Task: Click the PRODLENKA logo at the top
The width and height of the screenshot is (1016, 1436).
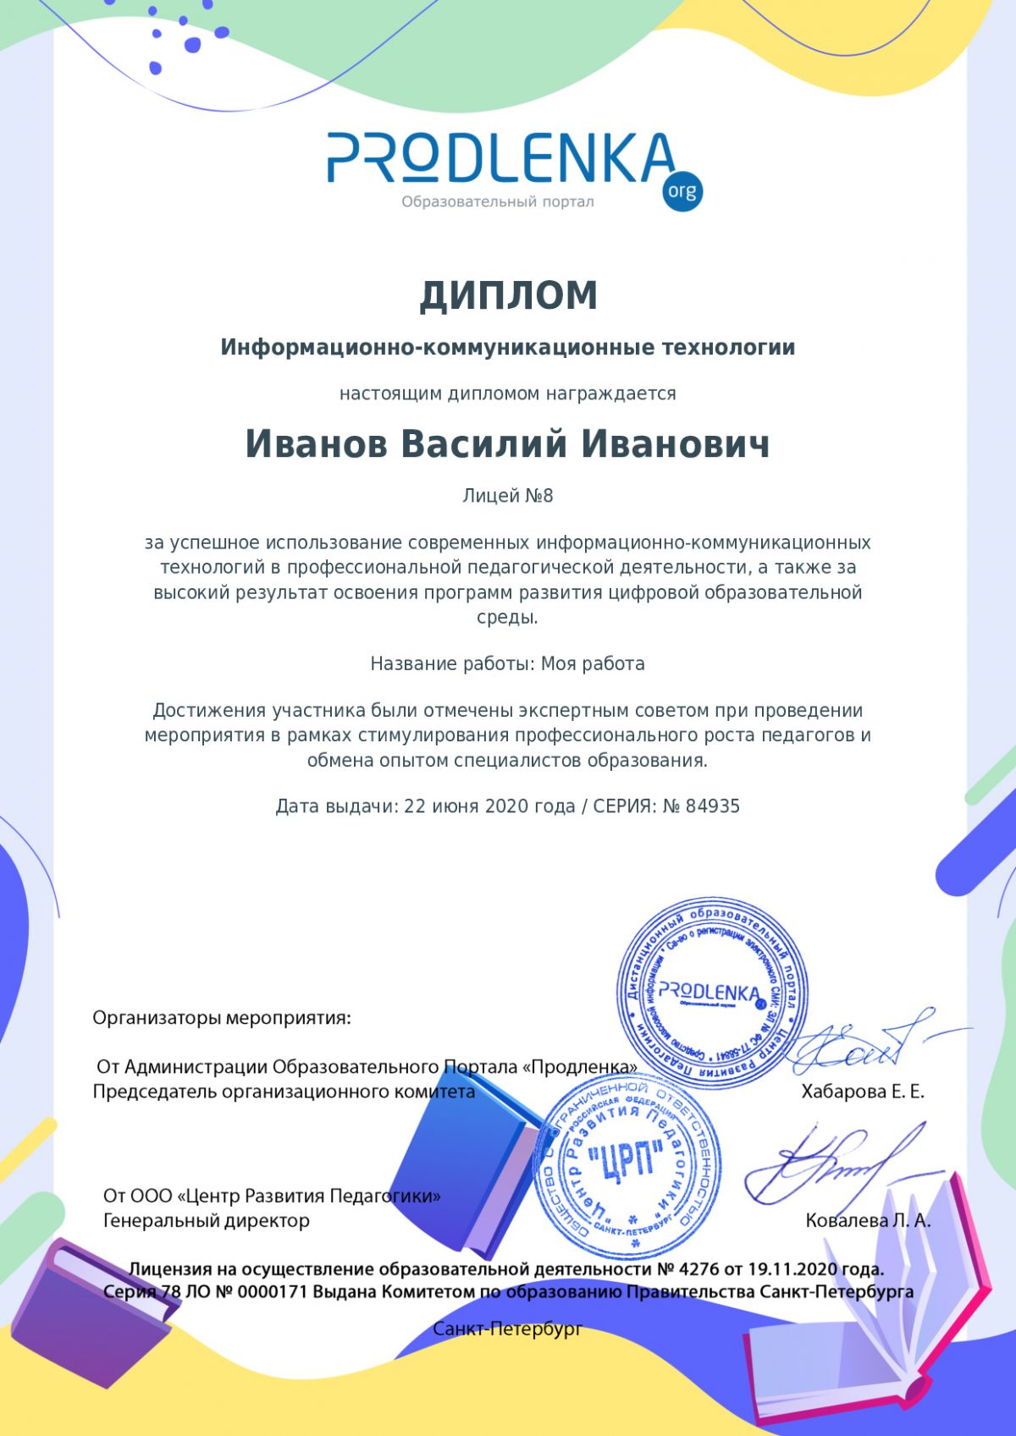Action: (500, 159)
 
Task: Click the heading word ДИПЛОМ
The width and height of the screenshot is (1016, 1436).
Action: (509, 295)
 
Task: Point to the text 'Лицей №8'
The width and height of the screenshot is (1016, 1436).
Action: (507, 496)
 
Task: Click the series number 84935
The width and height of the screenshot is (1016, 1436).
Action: (712, 806)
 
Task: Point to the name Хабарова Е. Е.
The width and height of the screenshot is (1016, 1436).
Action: (863, 1092)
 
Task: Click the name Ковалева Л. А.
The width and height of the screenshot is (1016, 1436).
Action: (868, 1221)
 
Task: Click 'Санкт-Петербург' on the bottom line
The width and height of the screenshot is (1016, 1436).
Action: (507, 1329)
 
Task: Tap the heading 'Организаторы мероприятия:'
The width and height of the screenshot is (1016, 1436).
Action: (221, 1018)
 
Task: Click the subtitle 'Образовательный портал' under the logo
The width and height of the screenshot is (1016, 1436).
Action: (498, 201)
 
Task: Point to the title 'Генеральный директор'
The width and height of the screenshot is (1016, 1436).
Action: (207, 1221)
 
